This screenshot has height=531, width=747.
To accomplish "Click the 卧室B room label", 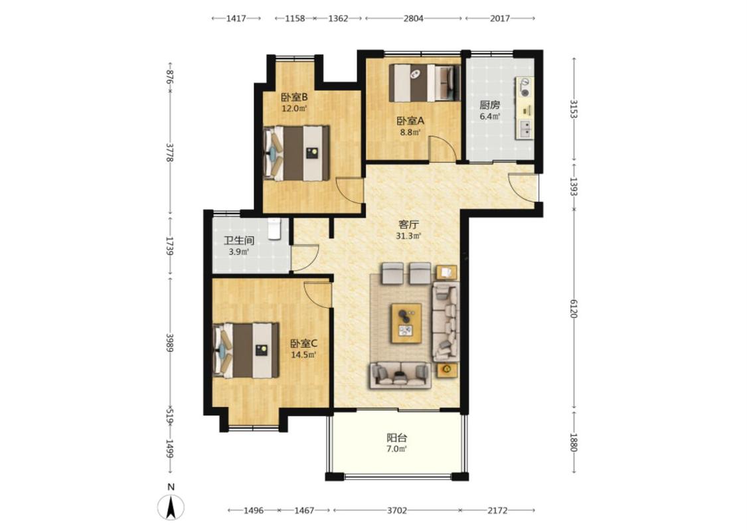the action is [294, 97].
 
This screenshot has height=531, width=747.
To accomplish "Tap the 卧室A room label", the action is [410, 121].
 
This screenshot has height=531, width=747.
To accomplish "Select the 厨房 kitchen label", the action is [490, 106].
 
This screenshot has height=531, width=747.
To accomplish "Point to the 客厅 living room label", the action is [409, 224].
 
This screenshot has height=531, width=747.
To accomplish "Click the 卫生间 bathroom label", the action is [239, 241].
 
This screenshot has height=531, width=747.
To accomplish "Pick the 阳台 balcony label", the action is [396, 437].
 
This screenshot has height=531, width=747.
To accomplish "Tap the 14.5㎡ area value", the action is [304, 355].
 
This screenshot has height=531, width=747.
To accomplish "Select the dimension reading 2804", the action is [413, 19].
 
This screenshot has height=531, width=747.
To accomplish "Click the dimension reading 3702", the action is [397, 510].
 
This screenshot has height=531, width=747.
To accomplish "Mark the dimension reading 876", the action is [169, 76].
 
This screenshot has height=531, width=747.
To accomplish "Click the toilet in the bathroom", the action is [275, 228].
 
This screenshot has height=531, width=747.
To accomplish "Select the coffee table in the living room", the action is [406, 323].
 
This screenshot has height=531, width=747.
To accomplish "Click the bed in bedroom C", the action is [246, 350].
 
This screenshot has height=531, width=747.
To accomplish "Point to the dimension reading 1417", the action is [236, 19].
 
